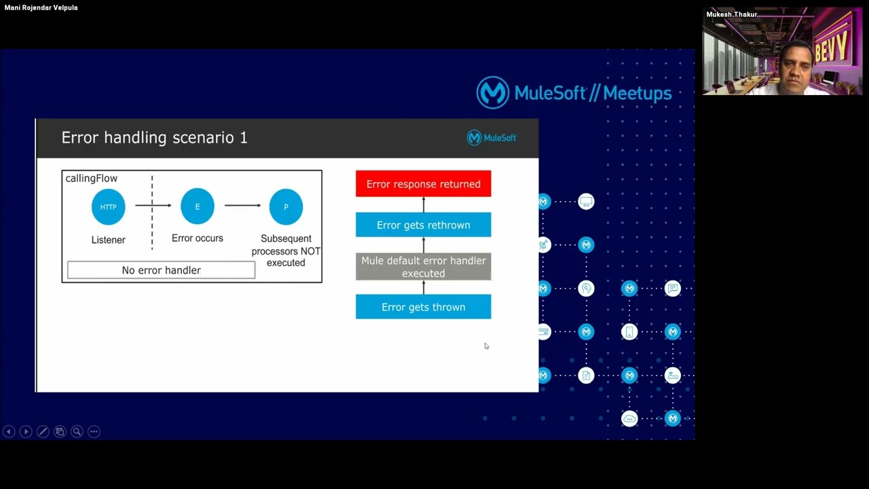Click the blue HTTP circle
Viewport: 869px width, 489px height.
(x=109, y=206)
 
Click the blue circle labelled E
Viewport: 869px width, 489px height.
(x=198, y=206)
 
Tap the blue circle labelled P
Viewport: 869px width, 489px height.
(x=286, y=206)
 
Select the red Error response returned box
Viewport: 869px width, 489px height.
(x=423, y=184)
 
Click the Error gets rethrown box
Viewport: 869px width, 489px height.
(x=423, y=225)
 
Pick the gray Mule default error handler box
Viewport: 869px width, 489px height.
(x=423, y=267)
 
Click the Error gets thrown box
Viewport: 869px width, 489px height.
(x=423, y=307)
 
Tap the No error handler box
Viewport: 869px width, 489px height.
(x=162, y=270)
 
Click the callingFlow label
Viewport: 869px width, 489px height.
(x=92, y=179)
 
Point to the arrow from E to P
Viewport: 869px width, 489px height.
(x=242, y=205)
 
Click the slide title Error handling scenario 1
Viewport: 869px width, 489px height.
(x=155, y=138)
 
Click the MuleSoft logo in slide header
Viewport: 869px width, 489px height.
(x=492, y=138)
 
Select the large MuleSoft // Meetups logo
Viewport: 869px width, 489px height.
(x=574, y=92)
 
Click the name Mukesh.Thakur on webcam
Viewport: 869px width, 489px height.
(x=731, y=14)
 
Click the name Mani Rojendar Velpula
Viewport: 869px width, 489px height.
(x=41, y=7)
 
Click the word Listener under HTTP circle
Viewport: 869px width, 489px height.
(x=109, y=240)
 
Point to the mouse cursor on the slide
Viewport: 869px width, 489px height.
(x=486, y=346)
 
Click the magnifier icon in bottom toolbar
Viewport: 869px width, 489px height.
(x=77, y=431)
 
